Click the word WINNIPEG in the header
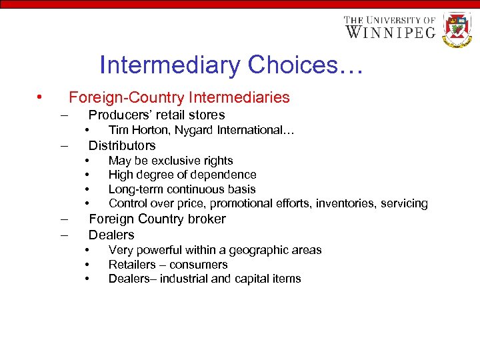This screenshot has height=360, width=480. tap(390, 32)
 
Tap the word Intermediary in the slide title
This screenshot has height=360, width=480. tap(169, 65)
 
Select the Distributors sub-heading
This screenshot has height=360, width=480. tap(122, 145)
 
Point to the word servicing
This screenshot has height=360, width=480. tap(403, 203)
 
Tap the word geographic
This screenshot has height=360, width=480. tap(257, 250)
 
